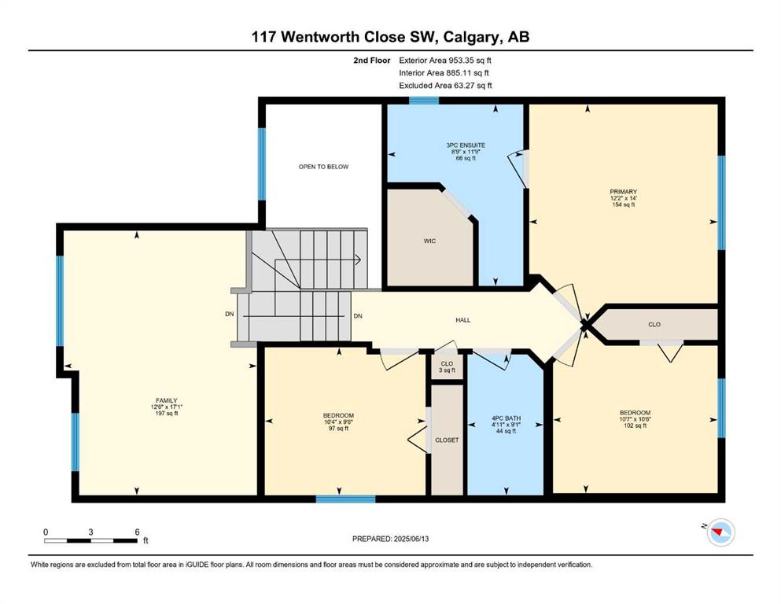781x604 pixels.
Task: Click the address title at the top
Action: coord(390,37)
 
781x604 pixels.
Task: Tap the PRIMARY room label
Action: coord(623,192)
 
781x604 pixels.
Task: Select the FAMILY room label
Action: coord(167,400)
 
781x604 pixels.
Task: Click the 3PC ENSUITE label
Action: coord(466,145)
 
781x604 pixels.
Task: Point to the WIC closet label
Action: coord(430,241)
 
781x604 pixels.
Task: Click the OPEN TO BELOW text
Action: coord(324,167)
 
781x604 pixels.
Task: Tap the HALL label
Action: coord(462,320)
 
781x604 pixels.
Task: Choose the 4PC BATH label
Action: coord(506,418)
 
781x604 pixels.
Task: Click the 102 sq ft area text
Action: coord(635,425)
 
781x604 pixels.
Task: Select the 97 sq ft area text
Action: coord(338,429)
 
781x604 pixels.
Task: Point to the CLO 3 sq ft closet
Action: coord(447,367)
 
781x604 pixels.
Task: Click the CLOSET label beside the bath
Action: coord(447,440)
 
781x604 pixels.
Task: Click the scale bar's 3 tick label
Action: coord(90,532)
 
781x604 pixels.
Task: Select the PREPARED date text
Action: coord(390,539)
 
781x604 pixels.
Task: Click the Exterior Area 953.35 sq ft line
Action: coord(445,61)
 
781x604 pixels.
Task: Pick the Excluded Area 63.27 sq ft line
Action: coord(445,85)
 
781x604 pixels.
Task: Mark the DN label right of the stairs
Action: coord(358,316)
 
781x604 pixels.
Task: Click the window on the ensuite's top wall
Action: coord(424,100)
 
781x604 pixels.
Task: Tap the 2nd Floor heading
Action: coord(371,61)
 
